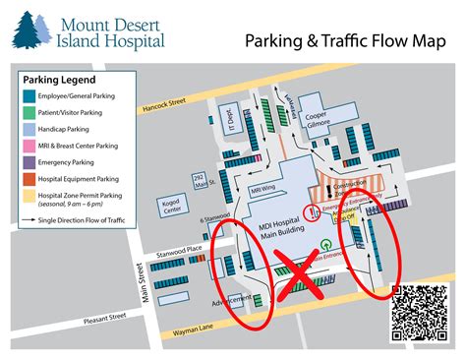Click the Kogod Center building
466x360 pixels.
tap(171, 206)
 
